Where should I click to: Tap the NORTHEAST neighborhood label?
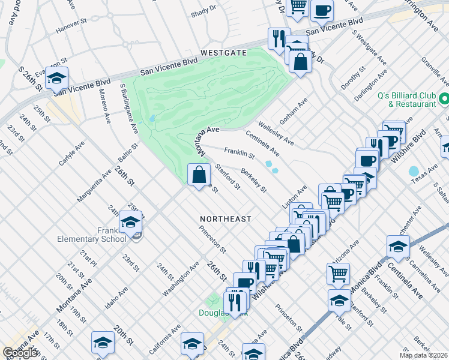pos(225,219)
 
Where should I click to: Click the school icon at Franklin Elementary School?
pos(130,223)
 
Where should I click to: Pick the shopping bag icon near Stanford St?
pos(199,176)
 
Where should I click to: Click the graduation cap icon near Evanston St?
pos(56,78)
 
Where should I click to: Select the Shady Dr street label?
pos(203,9)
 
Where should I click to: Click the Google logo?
pos(21,353)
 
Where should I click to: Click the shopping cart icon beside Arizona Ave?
pos(339,274)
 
